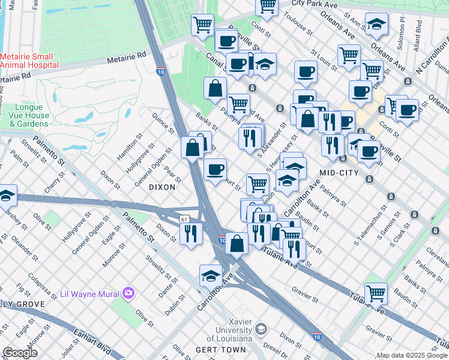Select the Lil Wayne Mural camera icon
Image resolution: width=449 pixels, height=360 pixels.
[128, 293]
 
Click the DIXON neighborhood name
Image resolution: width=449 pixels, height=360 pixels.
[162, 187]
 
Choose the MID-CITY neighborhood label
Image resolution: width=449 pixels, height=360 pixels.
[339, 173]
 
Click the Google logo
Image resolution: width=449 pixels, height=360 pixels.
[20, 353]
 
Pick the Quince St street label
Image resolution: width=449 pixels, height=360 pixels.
[162, 124]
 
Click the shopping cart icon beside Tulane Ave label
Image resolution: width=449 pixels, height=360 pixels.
[376, 293]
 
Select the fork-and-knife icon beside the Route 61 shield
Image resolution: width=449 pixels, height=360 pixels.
[191, 233]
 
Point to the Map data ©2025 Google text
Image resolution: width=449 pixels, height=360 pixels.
[411, 355]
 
